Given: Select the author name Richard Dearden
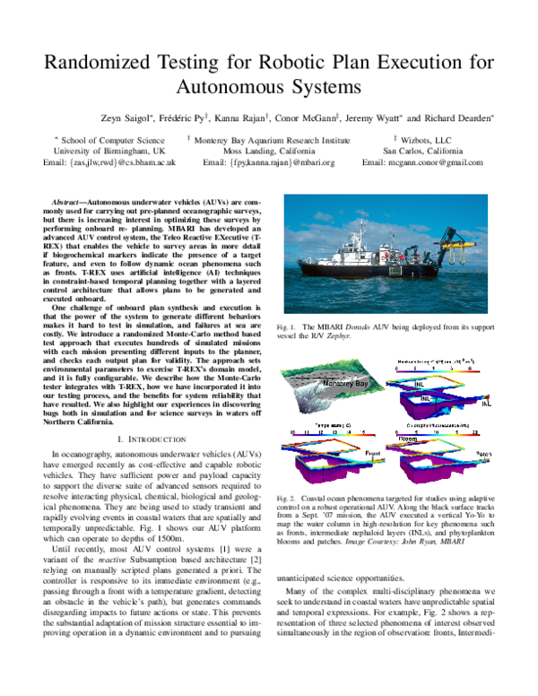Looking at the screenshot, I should [457, 117].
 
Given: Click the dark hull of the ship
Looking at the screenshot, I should [359, 296].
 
